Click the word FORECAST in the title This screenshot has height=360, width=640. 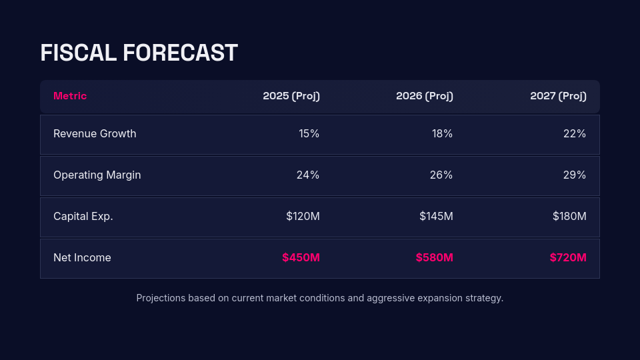pos(180,53)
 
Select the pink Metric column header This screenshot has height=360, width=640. pos(70,96)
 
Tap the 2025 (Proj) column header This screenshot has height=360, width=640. pos(291,96)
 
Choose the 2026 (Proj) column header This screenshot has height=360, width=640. pos(425,96)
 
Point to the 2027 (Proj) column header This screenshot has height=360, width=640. pos(558,96)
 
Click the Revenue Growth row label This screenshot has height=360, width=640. pos(95,134)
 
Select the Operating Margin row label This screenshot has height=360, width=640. pos(97,175)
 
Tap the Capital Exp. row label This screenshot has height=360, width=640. pos(83,217)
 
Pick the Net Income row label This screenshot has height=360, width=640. pos(82,258)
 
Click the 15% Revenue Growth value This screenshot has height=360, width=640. pos(309,134)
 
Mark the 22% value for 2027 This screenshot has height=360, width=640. pos(575,134)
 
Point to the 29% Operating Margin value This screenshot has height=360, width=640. pos(575,175)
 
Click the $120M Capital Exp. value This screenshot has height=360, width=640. pos(303,217)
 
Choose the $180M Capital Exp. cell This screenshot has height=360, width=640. pos(569,217)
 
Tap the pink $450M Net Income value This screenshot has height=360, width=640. pos(301,258)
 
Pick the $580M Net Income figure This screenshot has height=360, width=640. pos(434,258)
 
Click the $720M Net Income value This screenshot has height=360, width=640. pos(568,258)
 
